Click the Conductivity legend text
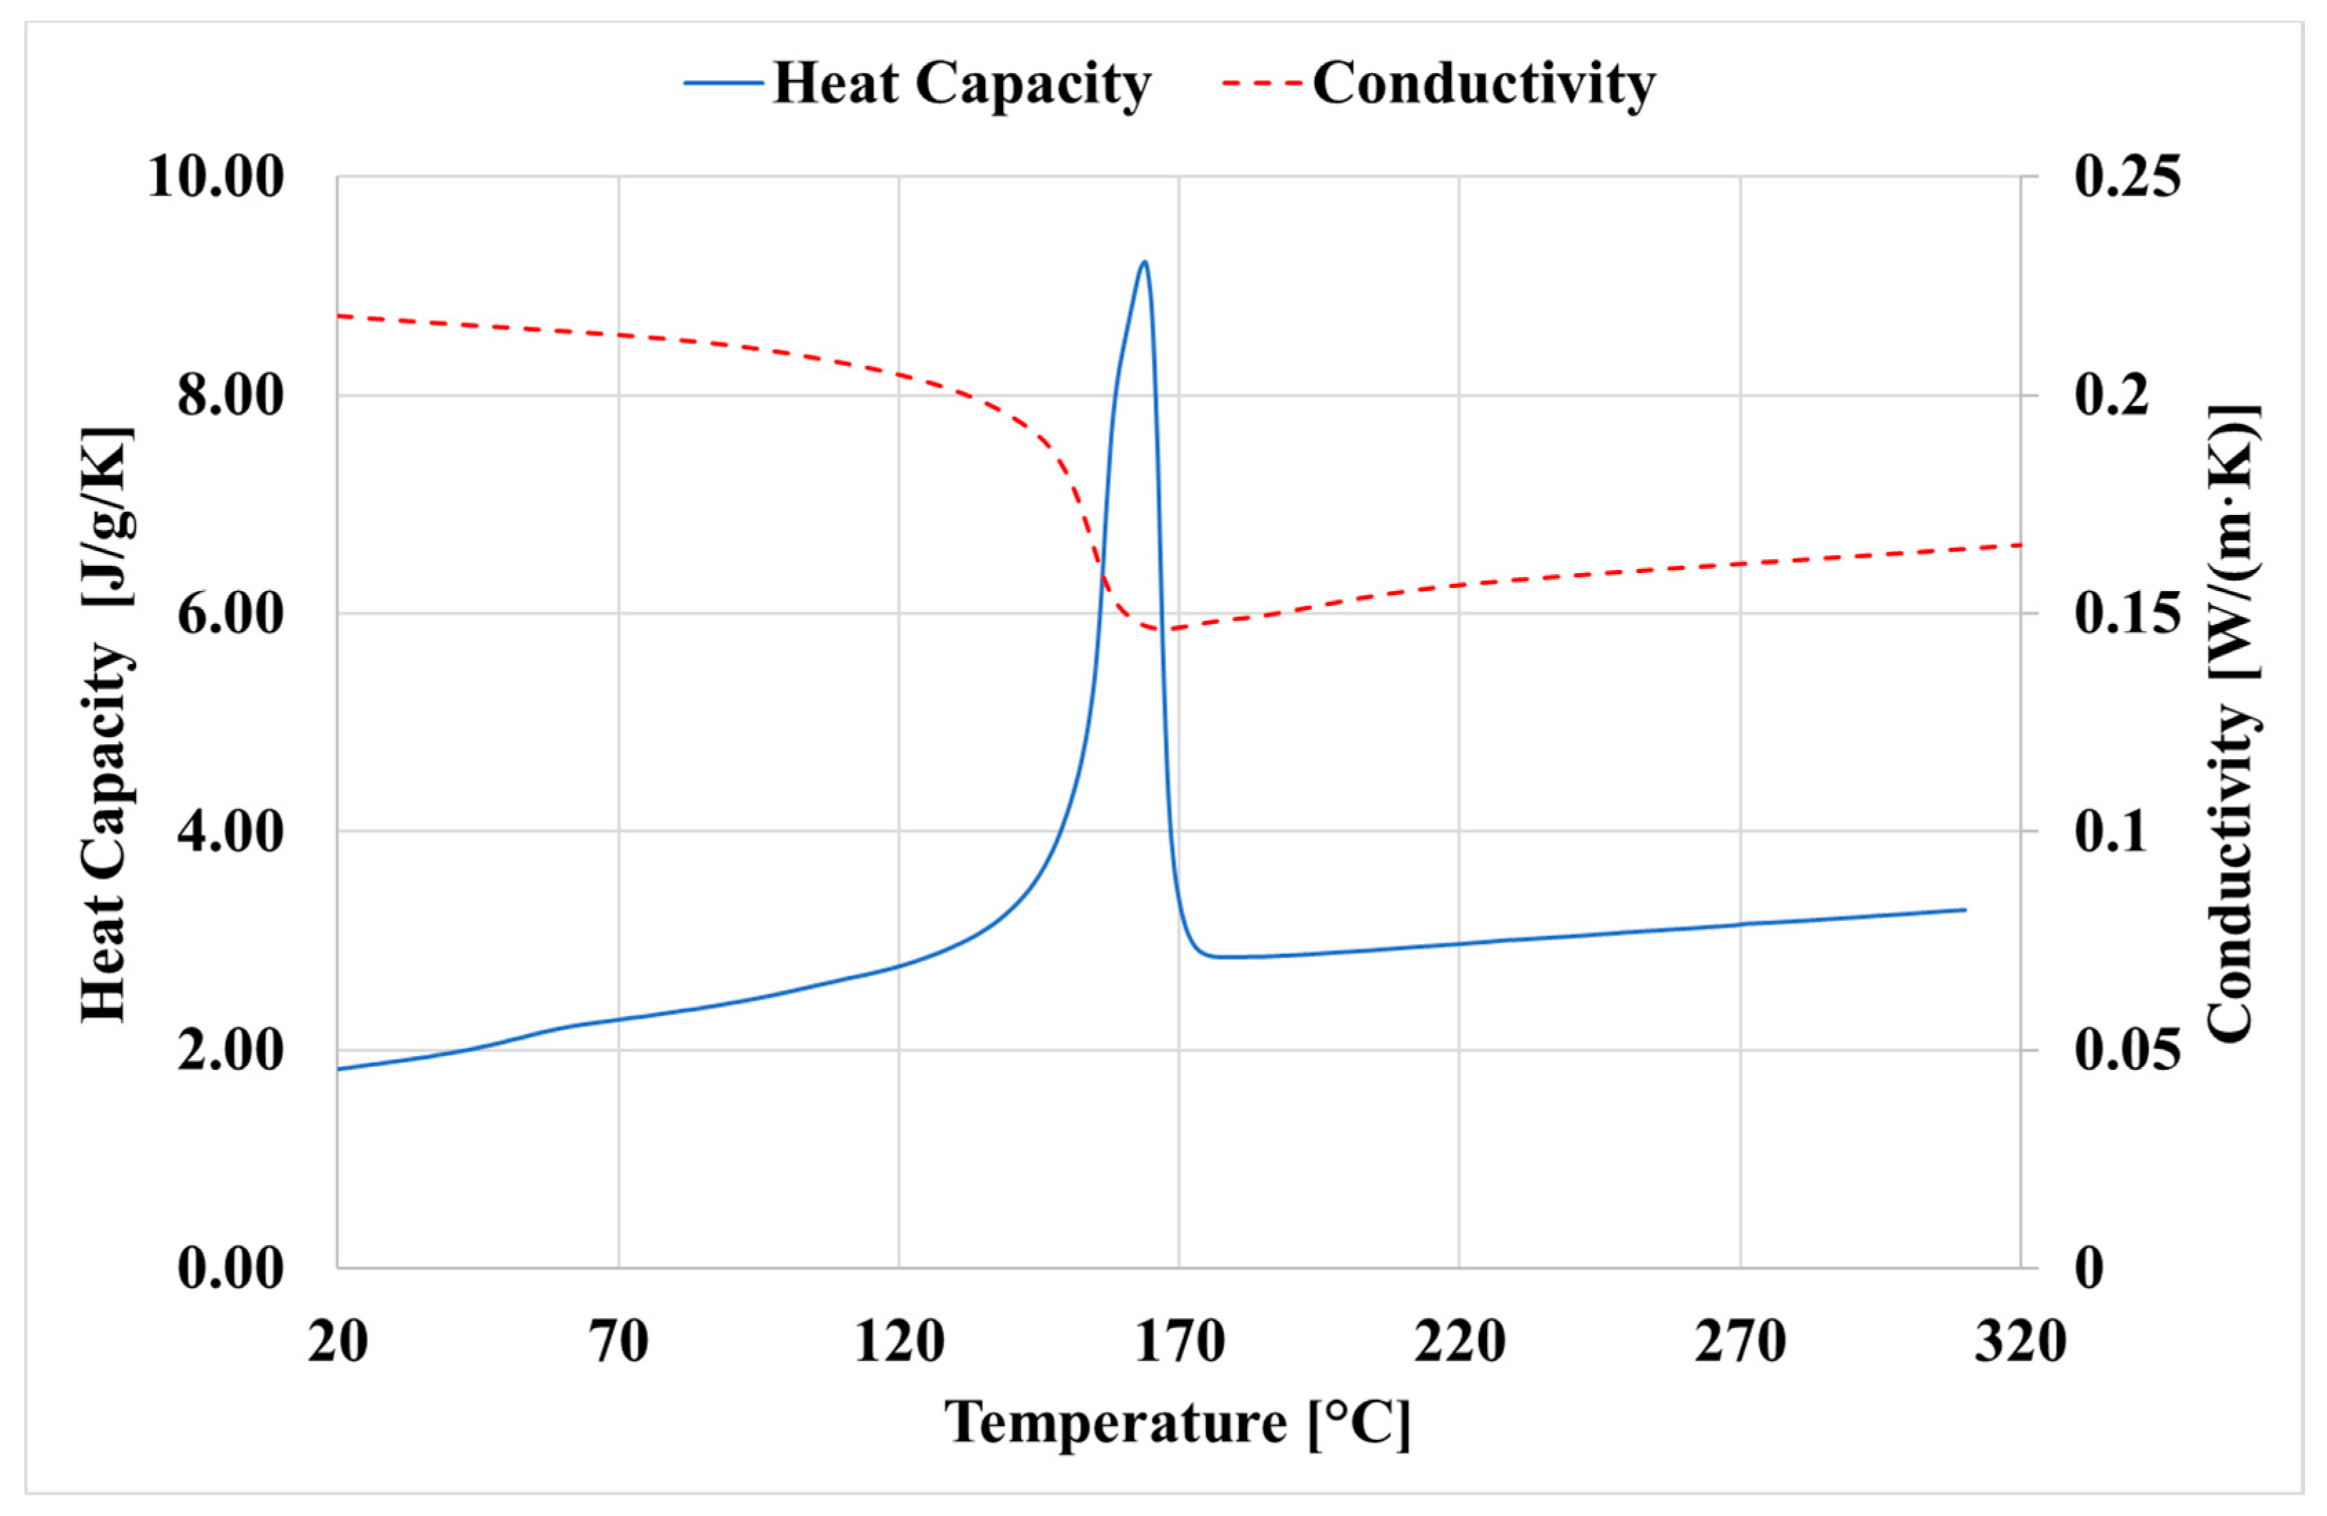click(1483, 83)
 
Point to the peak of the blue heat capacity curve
click(1144, 262)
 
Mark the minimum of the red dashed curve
click(1163, 629)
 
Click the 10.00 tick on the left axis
click(216, 178)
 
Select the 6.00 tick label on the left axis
click(231, 614)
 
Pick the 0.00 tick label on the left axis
click(231, 1269)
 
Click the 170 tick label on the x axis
click(1179, 1341)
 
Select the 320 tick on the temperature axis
click(2020, 1341)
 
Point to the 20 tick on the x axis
click(337, 1341)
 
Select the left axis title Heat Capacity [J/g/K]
click(105, 724)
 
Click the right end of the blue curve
click(1964, 909)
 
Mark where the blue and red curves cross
click(1101, 572)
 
